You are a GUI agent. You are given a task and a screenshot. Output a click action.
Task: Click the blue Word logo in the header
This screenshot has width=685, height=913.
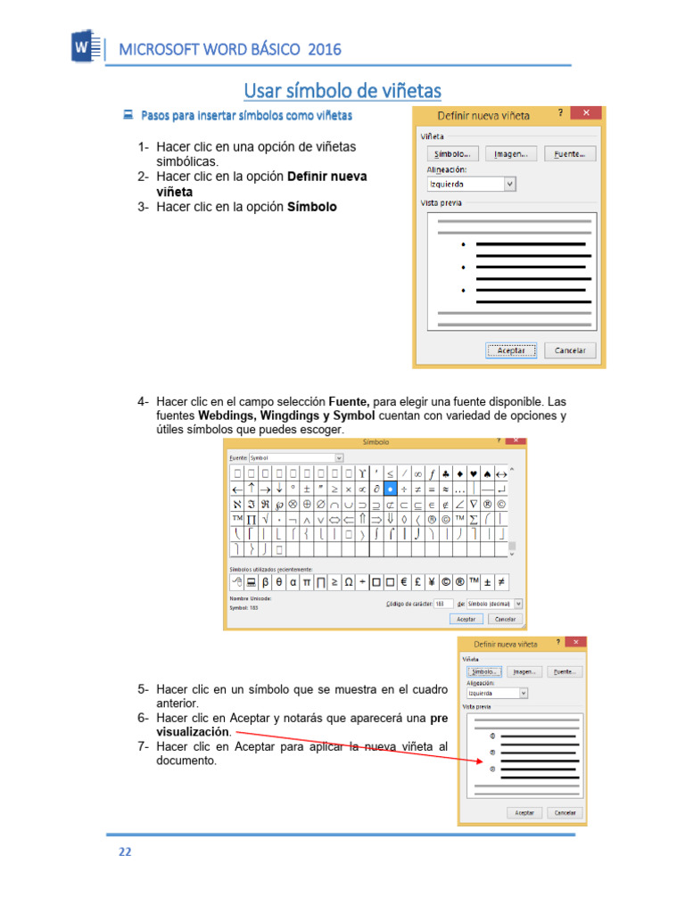tap(85, 46)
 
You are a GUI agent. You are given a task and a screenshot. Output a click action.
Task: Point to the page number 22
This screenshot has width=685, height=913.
tap(126, 851)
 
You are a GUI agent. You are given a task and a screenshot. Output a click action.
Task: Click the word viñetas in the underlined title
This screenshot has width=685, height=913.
tap(408, 91)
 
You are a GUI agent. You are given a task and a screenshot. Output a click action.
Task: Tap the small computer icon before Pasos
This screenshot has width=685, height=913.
tap(128, 115)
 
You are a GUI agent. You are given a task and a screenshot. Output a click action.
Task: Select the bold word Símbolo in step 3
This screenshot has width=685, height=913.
tap(312, 207)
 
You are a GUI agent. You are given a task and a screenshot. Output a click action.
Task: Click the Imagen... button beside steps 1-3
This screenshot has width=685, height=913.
tap(511, 153)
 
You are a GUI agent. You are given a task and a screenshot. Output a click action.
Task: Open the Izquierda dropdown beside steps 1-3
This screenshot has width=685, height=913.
tap(509, 184)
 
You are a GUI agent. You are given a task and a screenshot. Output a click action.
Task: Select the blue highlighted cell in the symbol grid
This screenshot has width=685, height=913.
tap(389, 489)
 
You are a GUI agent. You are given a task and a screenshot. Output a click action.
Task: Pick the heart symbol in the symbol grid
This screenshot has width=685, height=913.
tap(472, 473)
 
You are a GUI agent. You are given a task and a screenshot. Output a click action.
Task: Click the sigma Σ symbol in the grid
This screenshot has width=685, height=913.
tap(473, 519)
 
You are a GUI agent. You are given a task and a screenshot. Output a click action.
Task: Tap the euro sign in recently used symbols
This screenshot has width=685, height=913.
tap(403, 581)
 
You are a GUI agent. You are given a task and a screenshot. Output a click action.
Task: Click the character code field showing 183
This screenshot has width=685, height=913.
tap(443, 603)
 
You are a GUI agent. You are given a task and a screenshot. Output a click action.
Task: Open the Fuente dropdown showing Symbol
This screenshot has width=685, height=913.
tap(338, 457)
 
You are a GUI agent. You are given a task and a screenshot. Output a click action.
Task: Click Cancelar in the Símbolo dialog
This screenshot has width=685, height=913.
tap(504, 619)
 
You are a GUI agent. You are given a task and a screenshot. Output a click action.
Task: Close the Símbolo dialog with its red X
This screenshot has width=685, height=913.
tap(515, 440)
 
